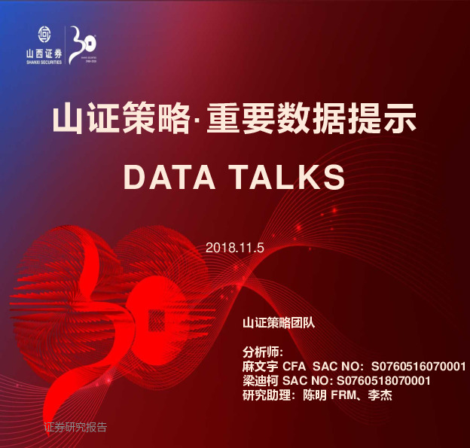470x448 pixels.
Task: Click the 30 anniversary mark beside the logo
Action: click(81, 44)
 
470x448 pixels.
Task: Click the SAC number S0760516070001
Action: click(419, 367)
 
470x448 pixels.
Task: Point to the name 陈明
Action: click(316, 395)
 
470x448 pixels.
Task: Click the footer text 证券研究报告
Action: click(75, 428)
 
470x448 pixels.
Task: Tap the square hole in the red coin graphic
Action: click(158, 320)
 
